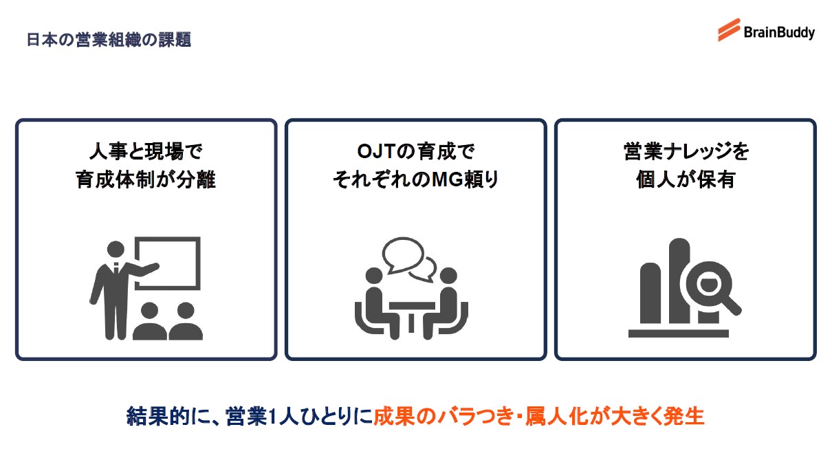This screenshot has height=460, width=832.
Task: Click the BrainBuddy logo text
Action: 779,32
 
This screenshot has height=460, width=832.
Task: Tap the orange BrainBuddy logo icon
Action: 729,30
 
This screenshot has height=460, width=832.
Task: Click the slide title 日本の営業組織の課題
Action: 109,39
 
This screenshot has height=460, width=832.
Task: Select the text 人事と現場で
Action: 146,152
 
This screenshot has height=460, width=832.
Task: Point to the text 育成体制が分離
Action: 146,180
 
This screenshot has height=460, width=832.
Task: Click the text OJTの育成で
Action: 415,152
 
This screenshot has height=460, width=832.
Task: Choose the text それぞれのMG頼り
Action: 415,180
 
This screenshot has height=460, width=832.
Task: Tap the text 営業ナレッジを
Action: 686,152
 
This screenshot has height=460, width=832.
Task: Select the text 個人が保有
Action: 686,180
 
